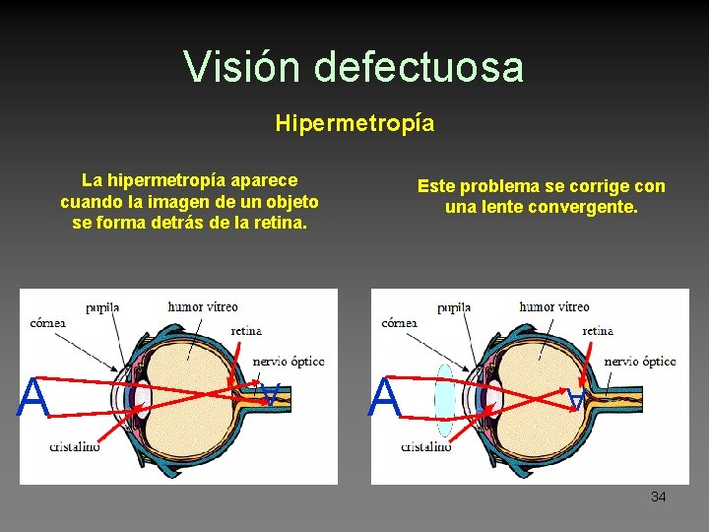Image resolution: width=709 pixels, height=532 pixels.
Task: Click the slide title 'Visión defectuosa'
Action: tap(354, 67)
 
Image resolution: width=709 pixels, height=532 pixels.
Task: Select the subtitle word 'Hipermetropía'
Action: tap(354, 123)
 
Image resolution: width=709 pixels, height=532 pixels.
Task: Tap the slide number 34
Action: tap(658, 497)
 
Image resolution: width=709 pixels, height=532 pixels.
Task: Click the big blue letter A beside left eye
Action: tap(33, 399)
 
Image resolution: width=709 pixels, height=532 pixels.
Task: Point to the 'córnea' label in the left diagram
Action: tap(48, 322)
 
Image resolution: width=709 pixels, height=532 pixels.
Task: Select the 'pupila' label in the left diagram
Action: tap(102, 307)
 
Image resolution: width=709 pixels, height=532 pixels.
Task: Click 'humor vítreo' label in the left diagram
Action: tap(202, 306)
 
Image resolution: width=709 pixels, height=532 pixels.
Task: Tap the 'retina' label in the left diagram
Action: tap(245, 331)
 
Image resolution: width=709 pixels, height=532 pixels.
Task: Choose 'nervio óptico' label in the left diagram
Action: tap(289, 362)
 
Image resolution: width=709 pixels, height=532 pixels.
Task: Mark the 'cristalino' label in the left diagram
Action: tap(75, 447)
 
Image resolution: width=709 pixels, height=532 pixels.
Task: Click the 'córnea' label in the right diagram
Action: tap(400, 322)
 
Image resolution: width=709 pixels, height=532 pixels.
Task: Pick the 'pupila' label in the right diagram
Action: tap(454, 307)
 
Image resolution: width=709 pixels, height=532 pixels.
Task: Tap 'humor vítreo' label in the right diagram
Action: tap(553, 306)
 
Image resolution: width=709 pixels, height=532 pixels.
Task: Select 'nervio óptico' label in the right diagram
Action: tap(640, 362)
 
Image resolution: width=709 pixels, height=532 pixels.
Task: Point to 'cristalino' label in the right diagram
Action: tap(426, 447)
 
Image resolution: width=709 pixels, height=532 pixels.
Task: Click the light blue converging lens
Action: tap(444, 399)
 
